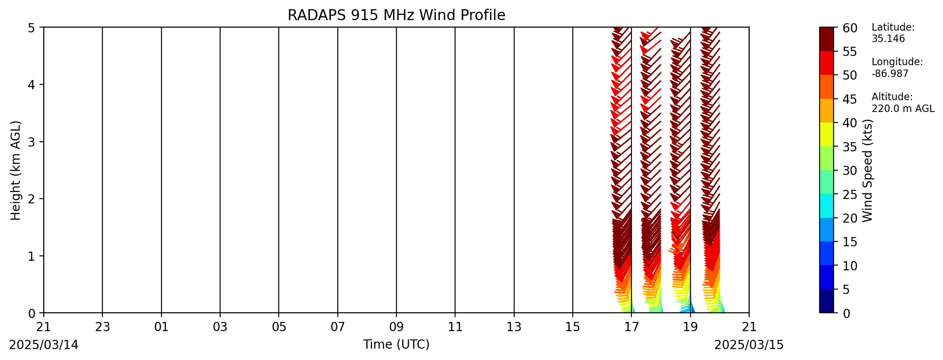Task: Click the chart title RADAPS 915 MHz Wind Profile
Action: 396,15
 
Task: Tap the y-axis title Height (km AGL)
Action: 16,170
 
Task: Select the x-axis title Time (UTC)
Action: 396,345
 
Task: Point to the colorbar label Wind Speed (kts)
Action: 868,170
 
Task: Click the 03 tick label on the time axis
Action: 220,327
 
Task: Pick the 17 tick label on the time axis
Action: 631,327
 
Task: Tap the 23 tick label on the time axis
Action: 102,327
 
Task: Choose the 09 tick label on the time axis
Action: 396,327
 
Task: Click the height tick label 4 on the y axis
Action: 32,84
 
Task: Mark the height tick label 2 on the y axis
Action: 32,199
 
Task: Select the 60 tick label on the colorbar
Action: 850,28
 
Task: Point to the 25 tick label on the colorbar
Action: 850,194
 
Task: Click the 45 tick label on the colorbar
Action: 850,99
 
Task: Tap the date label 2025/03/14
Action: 44,345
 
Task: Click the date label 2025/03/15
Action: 749,345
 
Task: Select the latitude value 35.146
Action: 888,38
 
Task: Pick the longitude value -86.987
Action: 890,73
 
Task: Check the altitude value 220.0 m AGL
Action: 903,108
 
